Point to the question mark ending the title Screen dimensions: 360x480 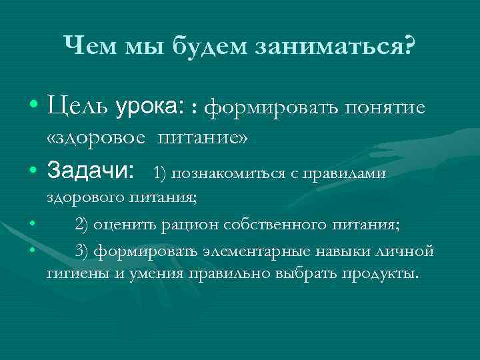pos(407,46)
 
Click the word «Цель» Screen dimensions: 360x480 pos(78,107)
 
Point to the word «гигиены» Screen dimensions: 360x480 pos(75,273)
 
